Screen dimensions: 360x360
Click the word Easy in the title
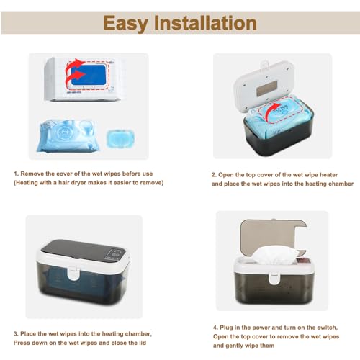(125, 23)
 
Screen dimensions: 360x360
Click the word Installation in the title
(205, 23)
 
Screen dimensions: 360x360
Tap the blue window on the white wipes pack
(89, 75)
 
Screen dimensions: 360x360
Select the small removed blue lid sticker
(120, 138)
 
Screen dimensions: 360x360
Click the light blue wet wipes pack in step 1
(69, 136)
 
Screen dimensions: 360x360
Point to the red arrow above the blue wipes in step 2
(273, 110)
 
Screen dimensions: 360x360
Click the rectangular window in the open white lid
(267, 88)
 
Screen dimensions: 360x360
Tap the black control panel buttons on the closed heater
(115, 255)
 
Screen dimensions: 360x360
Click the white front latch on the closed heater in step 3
(73, 274)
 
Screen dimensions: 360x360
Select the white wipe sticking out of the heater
(275, 256)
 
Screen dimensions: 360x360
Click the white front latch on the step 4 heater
(273, 278)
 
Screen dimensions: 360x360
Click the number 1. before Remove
(16, 174)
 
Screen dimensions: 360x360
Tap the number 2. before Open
(214, 175)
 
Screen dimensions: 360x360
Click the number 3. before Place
(16, 334)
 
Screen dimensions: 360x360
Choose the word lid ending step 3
(143, 343)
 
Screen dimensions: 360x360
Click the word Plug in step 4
(226, 328)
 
